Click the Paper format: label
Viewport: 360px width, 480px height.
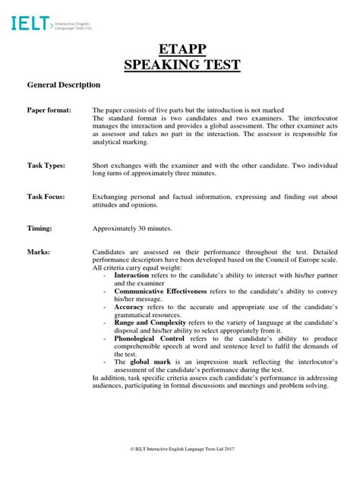(x=50, y=110)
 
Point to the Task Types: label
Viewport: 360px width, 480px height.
(x=46, y=165)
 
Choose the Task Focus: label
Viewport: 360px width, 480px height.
(x=46, y=197)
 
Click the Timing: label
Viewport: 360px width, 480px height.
(x=39, y=228)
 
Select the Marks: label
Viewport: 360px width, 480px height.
(x=39, y=251)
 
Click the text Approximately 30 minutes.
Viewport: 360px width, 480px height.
(x=132, y=228)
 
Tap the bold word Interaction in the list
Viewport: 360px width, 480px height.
(x=131, y=275)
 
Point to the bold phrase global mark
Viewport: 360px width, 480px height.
(x=150, y=362)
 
